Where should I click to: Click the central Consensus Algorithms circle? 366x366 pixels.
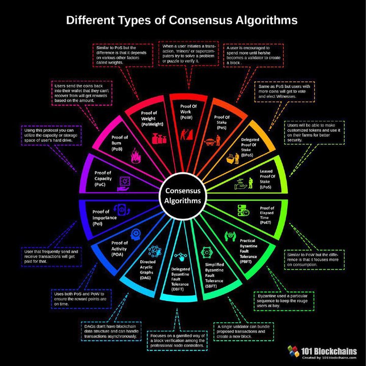click(x=183, y=196)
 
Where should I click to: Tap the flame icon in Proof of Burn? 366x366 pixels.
click(x=136, y=156)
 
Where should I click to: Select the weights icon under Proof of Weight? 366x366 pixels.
click(x=159, y=138)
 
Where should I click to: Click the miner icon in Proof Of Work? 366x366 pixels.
click(x=187, y=134)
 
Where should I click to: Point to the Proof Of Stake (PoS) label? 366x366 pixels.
click(x=222, y=122)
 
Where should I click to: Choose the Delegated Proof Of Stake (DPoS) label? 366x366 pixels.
click(x=250, y=147)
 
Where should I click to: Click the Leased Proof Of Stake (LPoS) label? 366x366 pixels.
click(x=267, y=179)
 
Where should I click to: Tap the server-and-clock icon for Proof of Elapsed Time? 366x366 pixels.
click(x=243, y=210)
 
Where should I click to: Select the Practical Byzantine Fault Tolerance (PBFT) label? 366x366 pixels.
click(x=248, y=251)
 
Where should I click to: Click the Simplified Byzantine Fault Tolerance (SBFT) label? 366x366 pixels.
click(x=215, y=275)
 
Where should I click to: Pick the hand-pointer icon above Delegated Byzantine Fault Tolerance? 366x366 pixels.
click(x=180, y=257)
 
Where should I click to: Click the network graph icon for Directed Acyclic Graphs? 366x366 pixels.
click(x=155, y=252)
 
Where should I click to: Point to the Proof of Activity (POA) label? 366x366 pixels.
click(x=119, y=249)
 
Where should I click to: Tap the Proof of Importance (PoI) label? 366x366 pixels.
click(x=104, y=218)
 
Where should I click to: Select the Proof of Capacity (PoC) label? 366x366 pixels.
click(x=103, y=178)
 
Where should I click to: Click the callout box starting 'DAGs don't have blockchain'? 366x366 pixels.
click(x=111, y=331)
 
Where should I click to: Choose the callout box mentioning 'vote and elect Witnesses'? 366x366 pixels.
click(x=284, y=91)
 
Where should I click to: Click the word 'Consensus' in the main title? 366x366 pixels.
click(x=201, y=20)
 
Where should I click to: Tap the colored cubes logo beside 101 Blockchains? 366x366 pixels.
click(x=293, y=351)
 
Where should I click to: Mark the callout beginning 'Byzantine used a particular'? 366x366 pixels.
click(x=284, y=301)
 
